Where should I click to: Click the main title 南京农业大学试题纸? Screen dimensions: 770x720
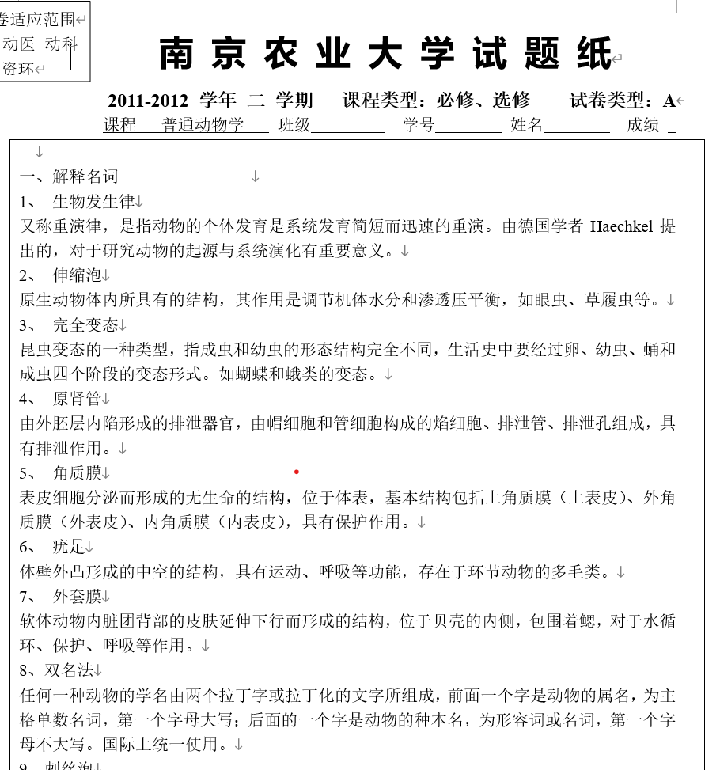(386, 54)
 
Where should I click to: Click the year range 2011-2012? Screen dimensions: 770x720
(148, 101)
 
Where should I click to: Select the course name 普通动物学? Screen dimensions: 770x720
(203, 125)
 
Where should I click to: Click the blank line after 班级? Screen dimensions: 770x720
(348, 127)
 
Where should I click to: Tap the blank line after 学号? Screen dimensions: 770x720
(468, 127)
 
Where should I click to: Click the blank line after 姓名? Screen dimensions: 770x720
(577, 127)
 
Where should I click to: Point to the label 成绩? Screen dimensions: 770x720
(642, 125)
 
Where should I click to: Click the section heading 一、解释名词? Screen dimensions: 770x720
(69, 176)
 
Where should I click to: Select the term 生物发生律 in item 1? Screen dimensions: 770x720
(93, 202)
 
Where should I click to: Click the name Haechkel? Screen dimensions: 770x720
(621, 227)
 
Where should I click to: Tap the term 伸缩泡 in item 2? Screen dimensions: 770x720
(77, 275)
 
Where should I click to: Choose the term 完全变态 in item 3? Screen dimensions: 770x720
(85, 324)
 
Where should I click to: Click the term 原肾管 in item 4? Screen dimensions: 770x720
(77, 398)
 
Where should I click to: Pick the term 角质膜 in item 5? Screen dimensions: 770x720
(77, 472)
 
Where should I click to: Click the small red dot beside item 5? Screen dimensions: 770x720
(297, 472)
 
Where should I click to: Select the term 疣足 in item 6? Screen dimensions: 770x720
(69, 546)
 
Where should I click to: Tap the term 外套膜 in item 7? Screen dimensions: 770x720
(77, 595)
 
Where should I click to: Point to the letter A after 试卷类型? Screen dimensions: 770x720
(669, 101)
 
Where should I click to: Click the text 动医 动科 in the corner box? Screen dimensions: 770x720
(40, 44)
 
